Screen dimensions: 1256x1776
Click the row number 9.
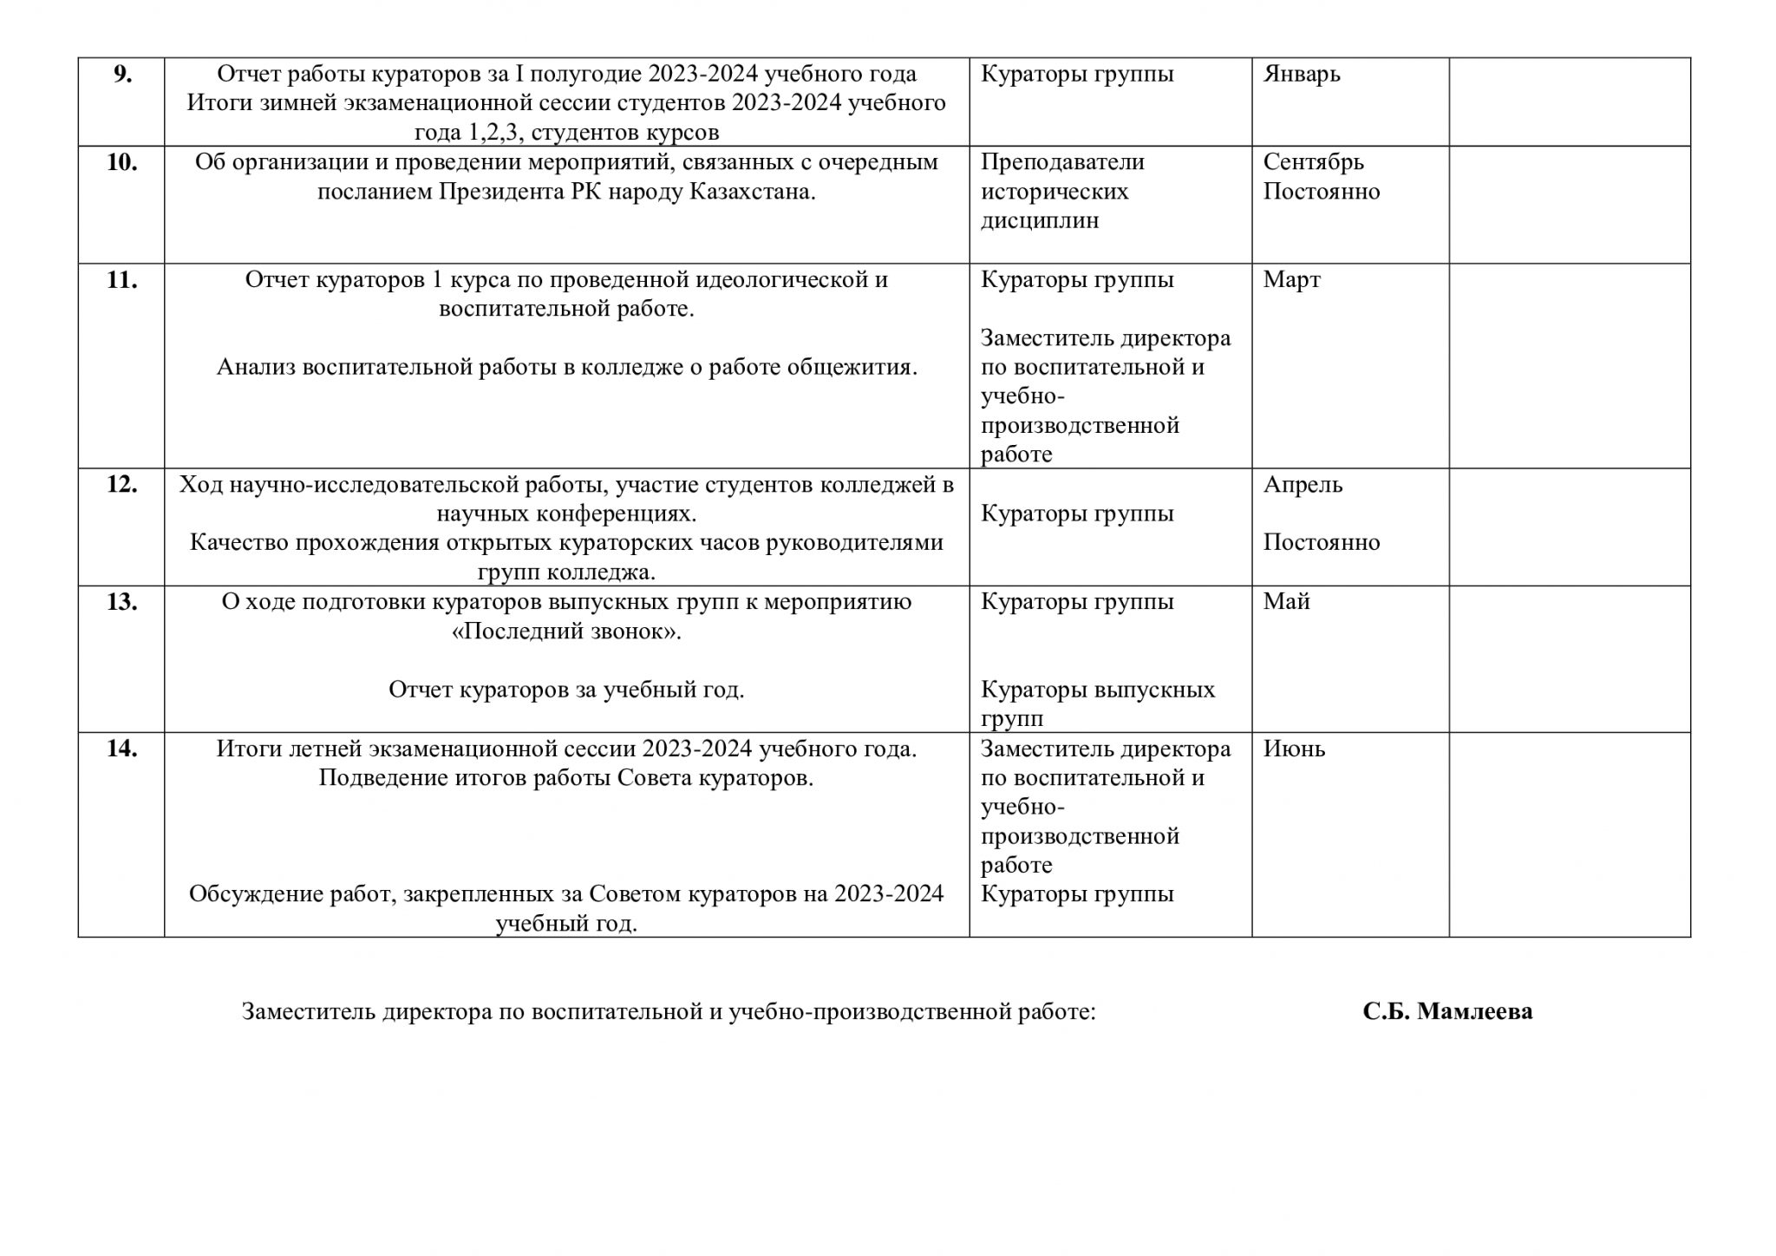pos(122,75)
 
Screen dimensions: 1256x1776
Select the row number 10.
pos(121,162)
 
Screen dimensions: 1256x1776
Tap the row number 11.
pos(121,280)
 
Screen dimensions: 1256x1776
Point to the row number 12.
pos(121,484)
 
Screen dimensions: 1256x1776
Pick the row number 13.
pos(121,602)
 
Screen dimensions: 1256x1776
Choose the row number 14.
pos(121,749)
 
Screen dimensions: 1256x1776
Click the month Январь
pos(1302,75)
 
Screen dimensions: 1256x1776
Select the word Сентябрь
pos(1313,162)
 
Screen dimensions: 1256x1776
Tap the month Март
pos(1291,280)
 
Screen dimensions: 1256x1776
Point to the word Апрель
pos(1303,484)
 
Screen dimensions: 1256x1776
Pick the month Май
pos(1286,602)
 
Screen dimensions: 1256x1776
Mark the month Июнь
pos(1294,749)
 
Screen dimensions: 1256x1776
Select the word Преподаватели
pos(1062,162)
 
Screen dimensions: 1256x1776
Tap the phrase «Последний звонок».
pos(566,631)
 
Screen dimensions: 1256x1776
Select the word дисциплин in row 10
pos(1040,221)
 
